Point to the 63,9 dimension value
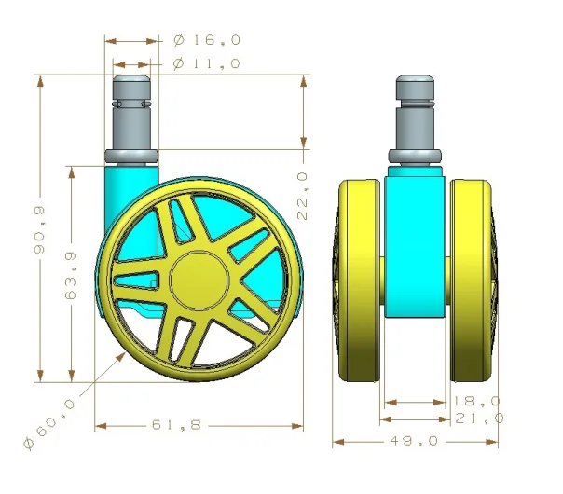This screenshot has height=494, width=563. (x=71, y=276)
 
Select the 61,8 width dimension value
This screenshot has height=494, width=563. (x=178, y=425)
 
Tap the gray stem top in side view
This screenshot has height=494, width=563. (x=132, y=89)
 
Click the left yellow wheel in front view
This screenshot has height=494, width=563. (x=359, y=280)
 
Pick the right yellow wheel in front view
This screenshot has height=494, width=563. (x=473, y=280)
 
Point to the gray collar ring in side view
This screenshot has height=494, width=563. (x=132, y=154)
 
